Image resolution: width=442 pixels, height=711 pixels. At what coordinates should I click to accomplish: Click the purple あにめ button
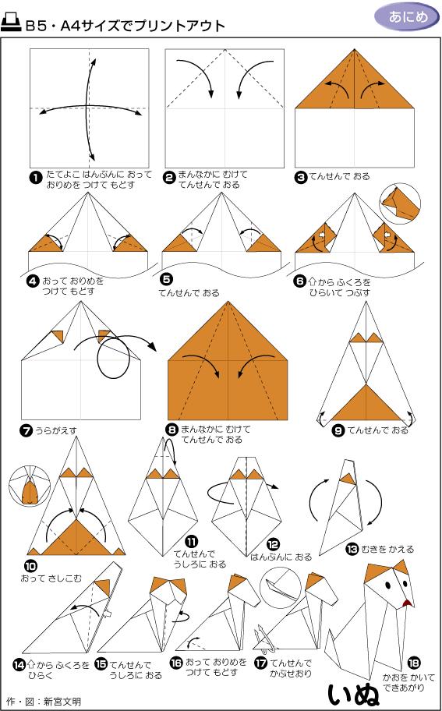click(406, 17)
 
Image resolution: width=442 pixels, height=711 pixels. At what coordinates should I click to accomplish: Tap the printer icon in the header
click(12, 24)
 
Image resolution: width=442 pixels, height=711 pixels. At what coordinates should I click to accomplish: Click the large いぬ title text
click(352, 692)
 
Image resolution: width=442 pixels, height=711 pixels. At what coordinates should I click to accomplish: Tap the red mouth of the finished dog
click(405, 603)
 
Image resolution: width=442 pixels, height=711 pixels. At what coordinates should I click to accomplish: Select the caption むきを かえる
click(386, 549)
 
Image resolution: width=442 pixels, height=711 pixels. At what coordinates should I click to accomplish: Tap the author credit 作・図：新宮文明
click(43, 702)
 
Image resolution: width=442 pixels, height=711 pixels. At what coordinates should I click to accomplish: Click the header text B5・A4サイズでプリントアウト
click(125, 25)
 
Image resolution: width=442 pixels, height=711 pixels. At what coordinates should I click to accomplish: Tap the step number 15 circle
click(101, 663)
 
